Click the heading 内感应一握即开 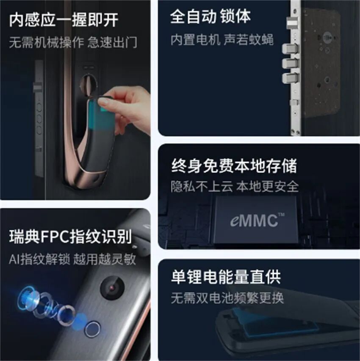(x=64, y=19)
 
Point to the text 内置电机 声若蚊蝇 (x=222, y=40)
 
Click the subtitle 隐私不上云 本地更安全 (x=235, y=186)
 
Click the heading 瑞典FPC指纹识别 (x=70, y=237)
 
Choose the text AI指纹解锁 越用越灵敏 (x=72, y=259)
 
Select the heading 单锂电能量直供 (x=226, y=277)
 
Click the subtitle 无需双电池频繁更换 (x=227, y=298)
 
